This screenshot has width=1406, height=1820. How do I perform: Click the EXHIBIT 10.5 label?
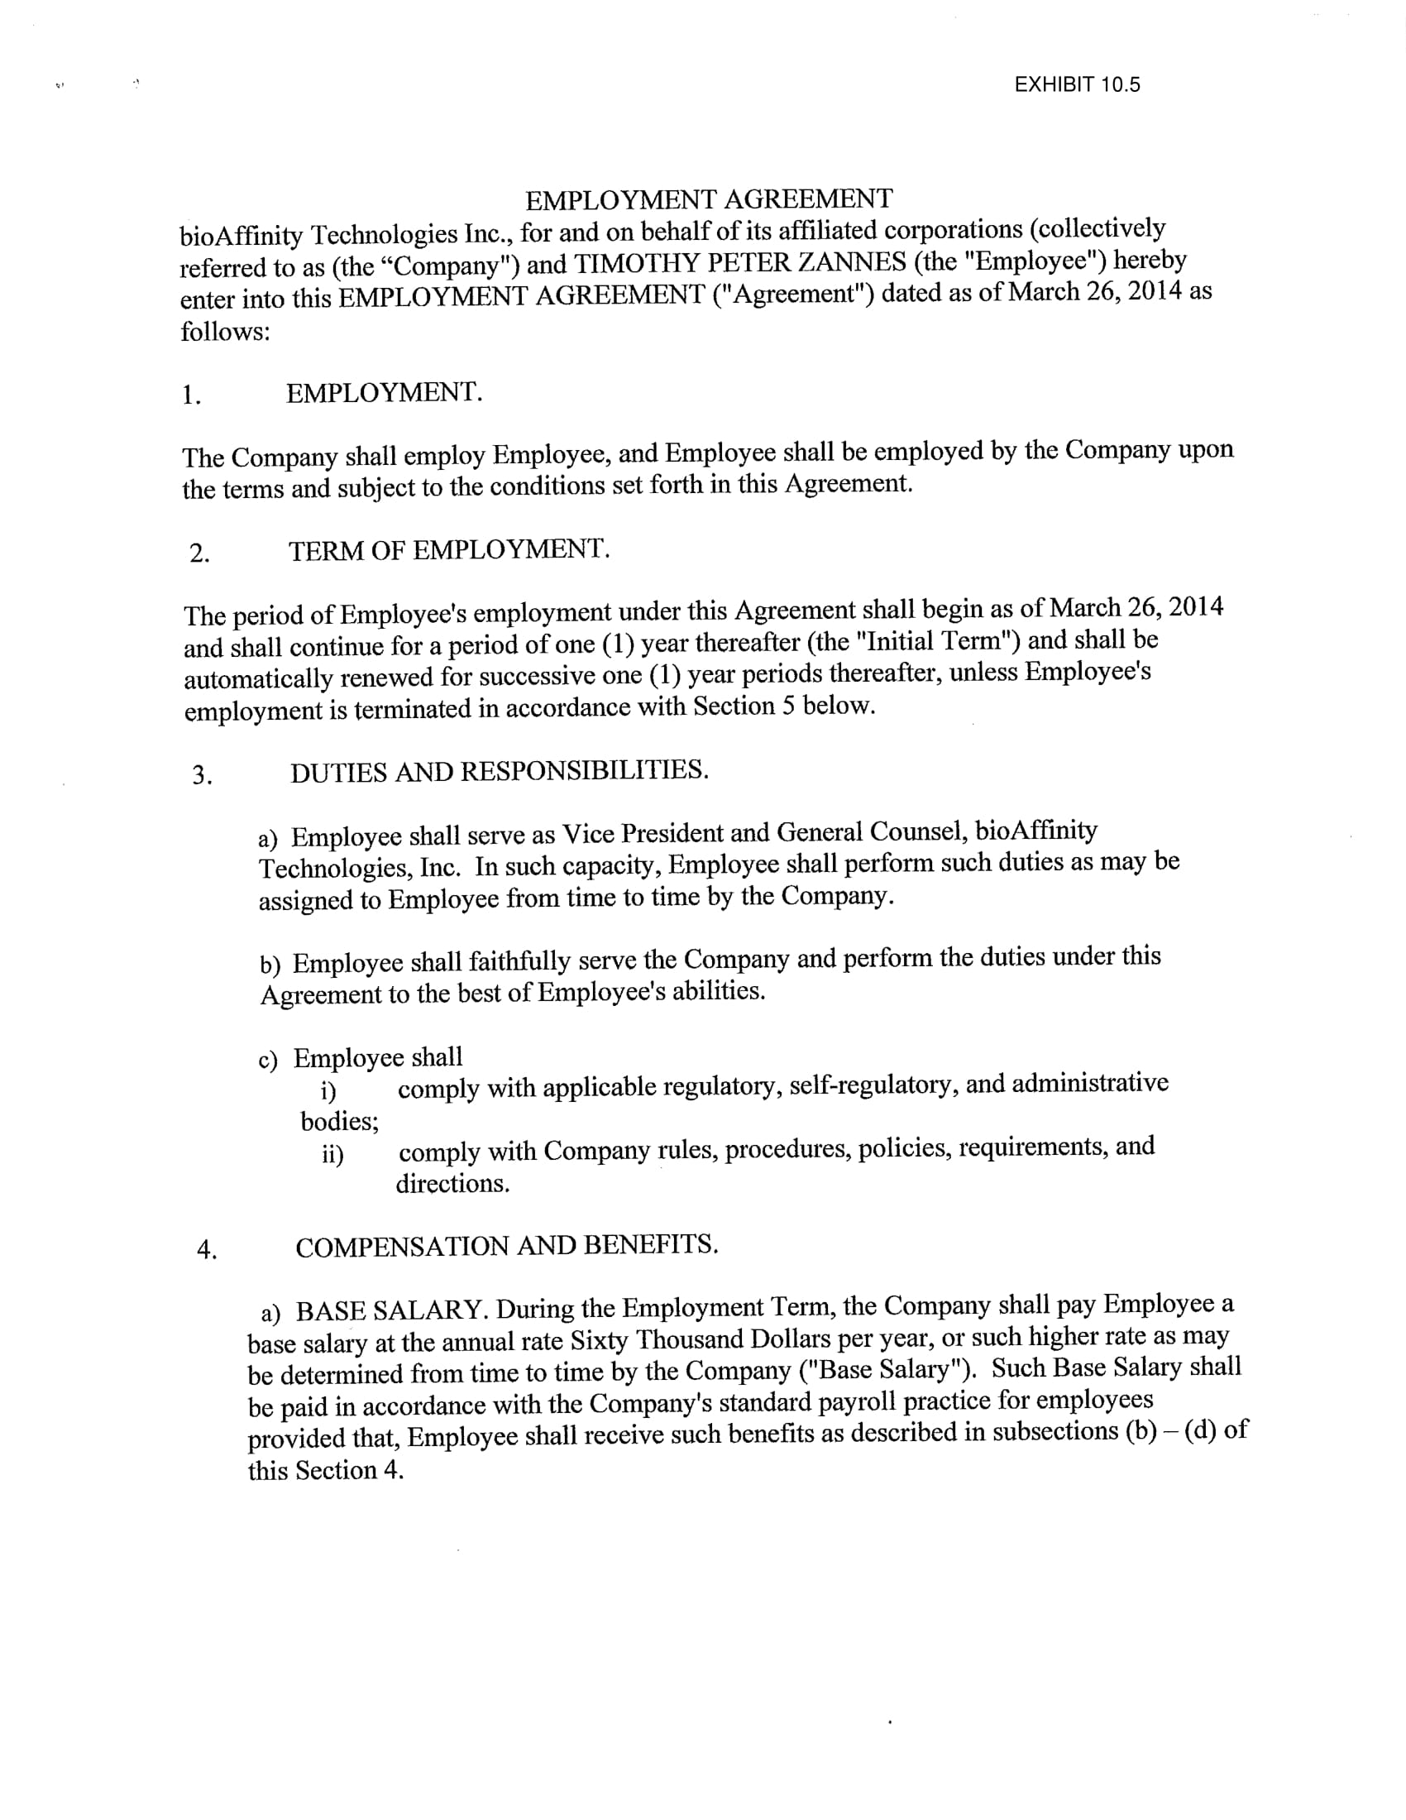tap(1076, 85)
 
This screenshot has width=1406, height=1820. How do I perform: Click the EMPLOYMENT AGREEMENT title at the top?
tap(709, 199)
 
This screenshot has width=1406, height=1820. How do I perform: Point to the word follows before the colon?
tap(221, 332)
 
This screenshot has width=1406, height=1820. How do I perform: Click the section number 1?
tap(191, 395)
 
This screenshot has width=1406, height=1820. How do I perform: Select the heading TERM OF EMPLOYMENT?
tap(449, 550)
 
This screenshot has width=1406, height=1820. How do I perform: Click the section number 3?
tap(202, 776)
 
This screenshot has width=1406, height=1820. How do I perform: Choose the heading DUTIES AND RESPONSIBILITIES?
tap(499, 771)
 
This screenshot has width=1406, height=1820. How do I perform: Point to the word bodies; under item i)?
tap(340, 1122)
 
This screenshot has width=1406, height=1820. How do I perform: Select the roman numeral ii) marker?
tap(332, 1154)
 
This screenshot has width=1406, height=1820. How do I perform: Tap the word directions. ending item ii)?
tap(452, 1183)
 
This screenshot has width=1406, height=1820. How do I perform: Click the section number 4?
tap(207, 1250)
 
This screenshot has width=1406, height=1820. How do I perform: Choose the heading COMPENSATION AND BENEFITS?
tap(506, 1247)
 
